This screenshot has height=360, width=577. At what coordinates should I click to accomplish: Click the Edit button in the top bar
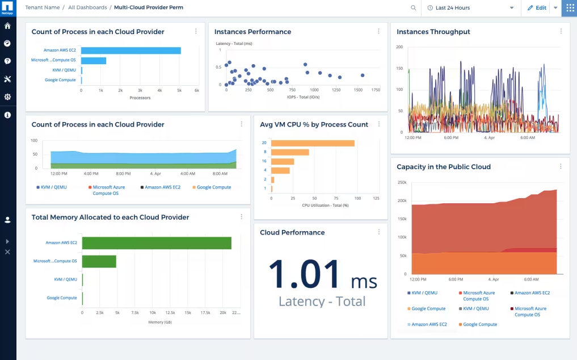pos(537,8)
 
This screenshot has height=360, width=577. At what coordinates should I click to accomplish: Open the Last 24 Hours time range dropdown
pos(470,8)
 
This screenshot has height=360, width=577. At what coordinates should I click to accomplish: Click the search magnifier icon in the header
pos(413,8)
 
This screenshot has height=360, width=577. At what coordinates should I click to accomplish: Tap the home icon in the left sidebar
pos(7,26)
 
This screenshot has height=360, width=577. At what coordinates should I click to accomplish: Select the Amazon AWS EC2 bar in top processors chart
pos(131,51)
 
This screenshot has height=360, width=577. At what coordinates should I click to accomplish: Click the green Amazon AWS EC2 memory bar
pos(157,243)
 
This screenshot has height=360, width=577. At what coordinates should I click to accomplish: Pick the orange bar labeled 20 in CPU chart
pos(313,143)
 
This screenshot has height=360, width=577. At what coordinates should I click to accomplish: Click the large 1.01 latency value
pos(305,274)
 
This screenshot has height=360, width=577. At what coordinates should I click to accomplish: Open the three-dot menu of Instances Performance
pos(378,32)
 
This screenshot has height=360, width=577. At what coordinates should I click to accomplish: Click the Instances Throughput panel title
pos(433,32)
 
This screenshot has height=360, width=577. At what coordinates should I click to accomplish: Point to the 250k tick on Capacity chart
pos(402,183)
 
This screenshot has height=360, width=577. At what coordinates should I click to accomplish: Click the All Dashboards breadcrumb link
pos(87,8)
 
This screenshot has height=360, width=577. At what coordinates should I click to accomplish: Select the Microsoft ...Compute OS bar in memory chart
pos(99,261)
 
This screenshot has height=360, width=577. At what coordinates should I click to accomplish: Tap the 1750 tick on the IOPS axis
pos(376,90)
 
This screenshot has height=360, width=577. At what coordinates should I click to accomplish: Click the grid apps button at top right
pos(569,8)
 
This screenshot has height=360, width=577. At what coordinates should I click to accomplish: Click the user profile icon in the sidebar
pos(7,220)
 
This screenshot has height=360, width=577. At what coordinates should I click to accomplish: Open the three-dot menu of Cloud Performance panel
pos(378,232)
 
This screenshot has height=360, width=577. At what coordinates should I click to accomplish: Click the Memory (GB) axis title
pos(160,322)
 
